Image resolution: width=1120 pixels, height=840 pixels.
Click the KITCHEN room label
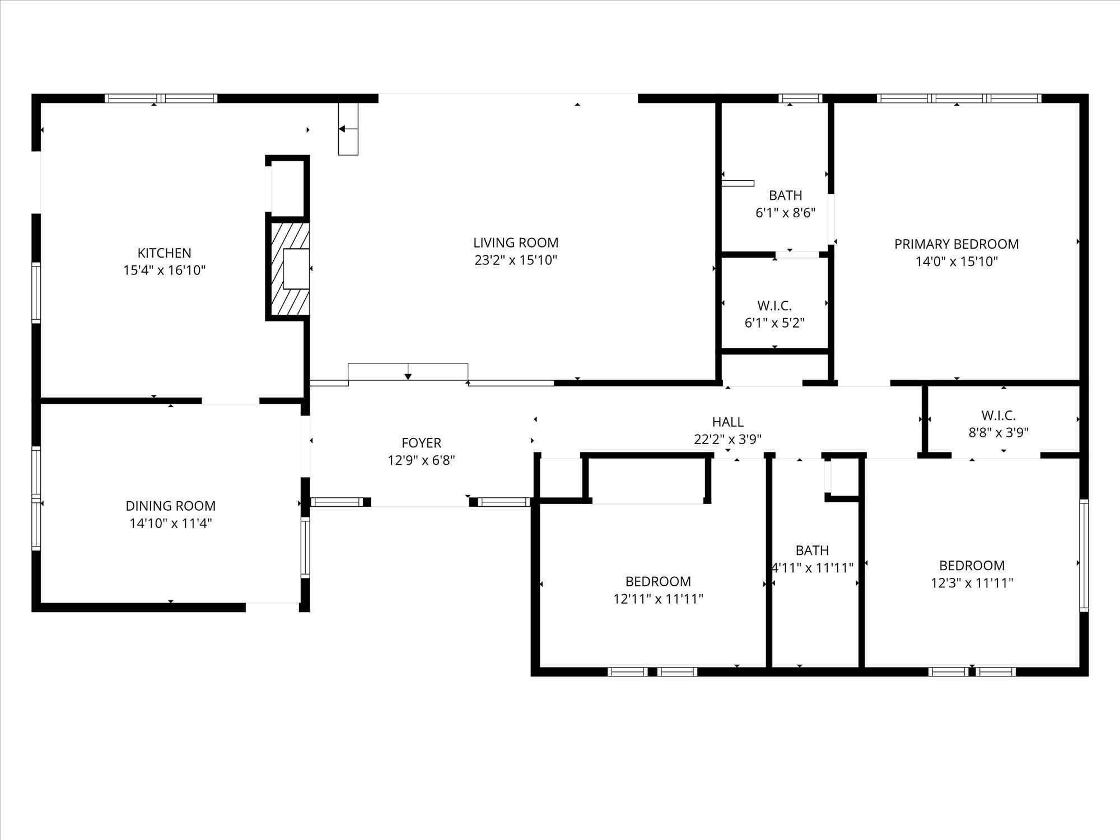(165, 253)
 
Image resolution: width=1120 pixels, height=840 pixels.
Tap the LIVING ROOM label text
(516, 243)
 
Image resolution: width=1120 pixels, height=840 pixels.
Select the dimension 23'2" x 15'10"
(516, 260)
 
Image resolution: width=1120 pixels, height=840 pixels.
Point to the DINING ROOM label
(171, 506)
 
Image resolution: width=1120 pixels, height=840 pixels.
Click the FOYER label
(422, 443)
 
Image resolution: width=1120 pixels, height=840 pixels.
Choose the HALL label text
(728, 422)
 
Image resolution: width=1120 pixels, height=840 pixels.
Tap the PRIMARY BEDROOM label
(956, 244)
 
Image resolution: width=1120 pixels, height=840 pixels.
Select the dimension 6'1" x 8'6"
(786, 213)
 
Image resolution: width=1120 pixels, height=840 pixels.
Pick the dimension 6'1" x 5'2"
(774, 323)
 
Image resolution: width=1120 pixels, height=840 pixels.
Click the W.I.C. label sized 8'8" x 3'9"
(998, 416)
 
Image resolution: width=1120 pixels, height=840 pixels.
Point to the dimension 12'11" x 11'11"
(658, 599)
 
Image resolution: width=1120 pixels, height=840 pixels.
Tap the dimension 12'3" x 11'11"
(972, 583)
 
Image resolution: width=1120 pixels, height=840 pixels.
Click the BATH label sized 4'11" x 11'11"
(812, 550)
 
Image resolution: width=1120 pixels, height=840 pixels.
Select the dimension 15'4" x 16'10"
(165, 270)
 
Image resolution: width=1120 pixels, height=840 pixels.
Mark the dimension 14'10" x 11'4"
(171, 524)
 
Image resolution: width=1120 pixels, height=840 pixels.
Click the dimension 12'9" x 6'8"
(422, 460)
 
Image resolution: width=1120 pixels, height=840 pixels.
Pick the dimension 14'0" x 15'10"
(956, 262)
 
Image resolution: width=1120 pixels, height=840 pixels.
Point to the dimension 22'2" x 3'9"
(728, 439)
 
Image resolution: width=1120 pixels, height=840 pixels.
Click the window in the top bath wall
(801, 99)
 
